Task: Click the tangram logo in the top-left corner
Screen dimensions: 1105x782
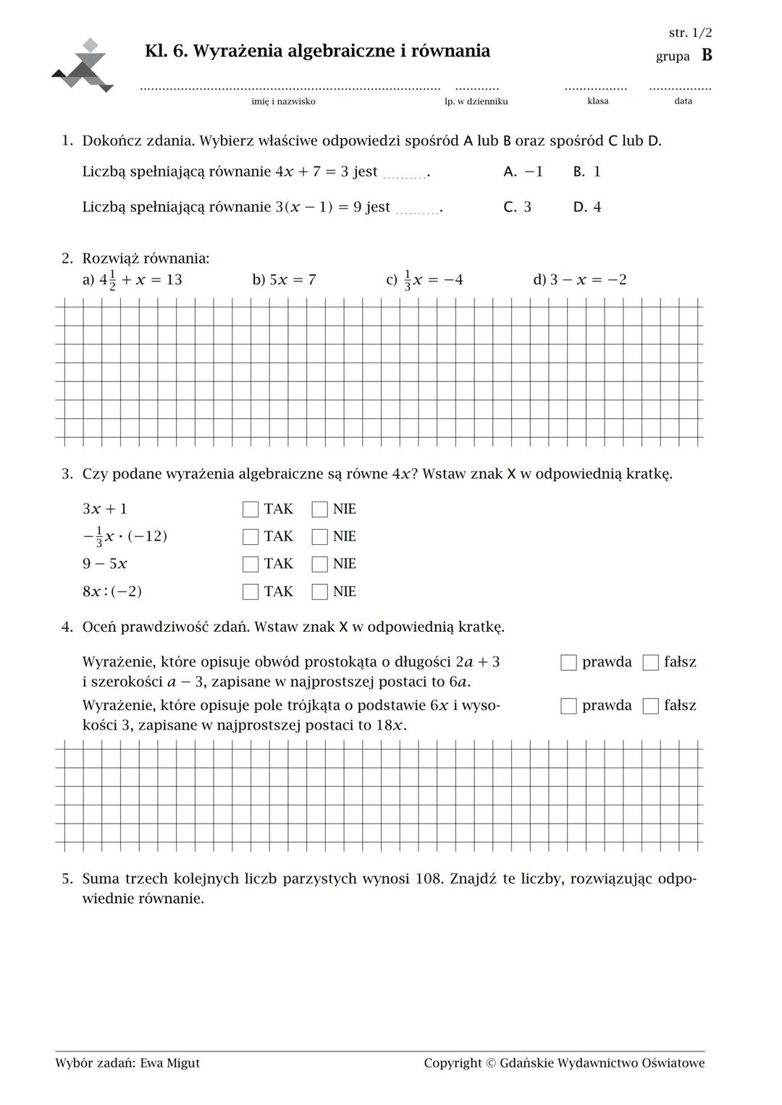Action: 83,65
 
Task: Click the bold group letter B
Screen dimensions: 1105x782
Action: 707,56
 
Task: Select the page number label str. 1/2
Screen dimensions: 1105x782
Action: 690,33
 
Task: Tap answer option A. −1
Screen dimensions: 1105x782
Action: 523,172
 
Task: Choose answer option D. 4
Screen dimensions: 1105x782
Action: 586,207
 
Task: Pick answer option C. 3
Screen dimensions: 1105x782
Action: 517,207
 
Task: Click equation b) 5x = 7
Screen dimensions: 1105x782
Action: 284,280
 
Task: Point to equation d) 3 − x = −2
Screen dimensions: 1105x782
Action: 579,280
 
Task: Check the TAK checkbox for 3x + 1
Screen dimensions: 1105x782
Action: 251,509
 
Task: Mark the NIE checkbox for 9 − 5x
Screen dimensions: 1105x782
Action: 320,564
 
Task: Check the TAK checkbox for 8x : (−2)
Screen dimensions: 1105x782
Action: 251,592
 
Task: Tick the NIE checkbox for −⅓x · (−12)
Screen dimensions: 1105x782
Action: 320,537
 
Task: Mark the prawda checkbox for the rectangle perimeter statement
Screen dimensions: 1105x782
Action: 569,662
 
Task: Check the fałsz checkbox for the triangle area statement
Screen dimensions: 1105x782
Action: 651,706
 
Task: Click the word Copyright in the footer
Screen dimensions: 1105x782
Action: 453,1063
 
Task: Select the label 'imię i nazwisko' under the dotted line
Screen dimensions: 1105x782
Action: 283,101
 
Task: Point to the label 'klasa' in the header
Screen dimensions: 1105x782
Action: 597,101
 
